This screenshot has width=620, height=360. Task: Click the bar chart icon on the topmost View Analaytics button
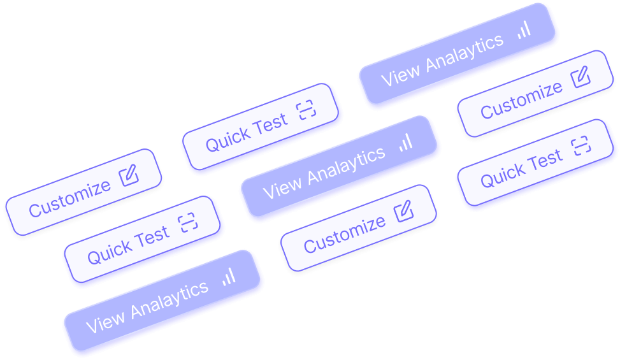[524, 29]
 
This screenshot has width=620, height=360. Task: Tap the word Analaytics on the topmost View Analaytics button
[464, 53]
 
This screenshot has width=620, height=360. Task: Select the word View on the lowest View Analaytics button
[105, 320]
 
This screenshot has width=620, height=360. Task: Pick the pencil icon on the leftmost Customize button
[128, 174]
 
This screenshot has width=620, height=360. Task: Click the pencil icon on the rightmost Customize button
[580, 77]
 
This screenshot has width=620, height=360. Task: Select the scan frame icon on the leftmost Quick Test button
[188, 222]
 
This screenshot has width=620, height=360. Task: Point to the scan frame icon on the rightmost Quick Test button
[580, 146]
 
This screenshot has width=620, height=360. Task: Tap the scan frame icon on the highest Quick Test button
[306, 112]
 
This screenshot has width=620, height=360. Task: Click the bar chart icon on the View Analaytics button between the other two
[406, 142]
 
